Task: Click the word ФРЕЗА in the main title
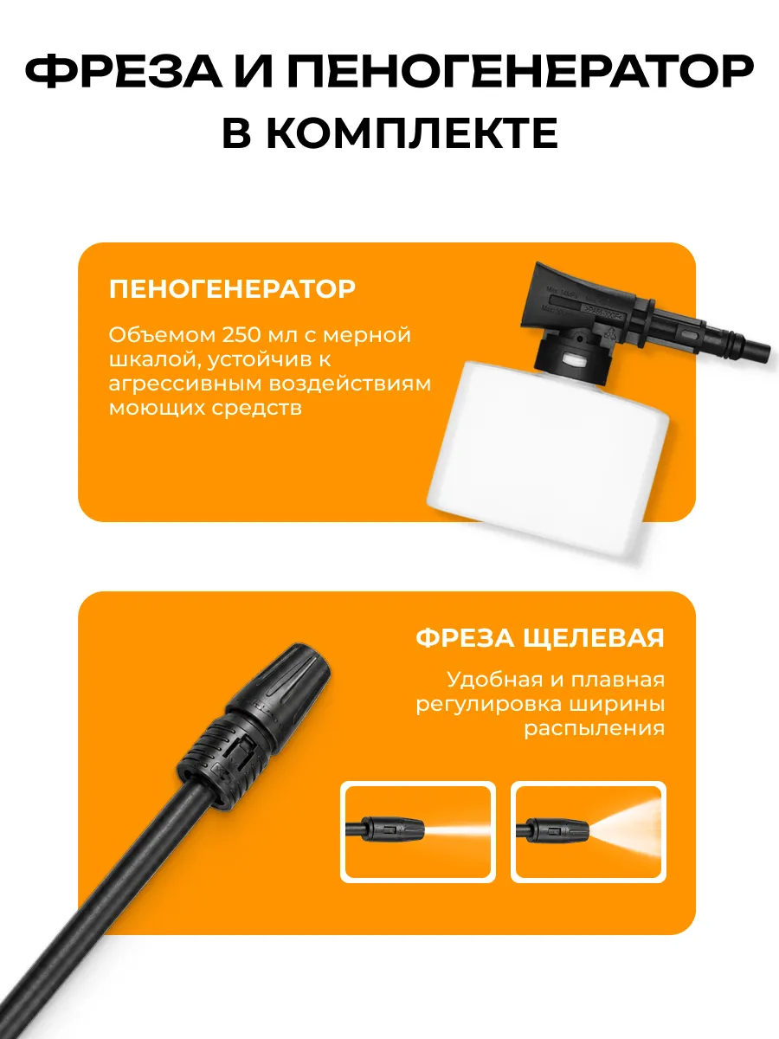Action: tap(124, 71)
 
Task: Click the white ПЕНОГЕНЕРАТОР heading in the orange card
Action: tap(232, 288)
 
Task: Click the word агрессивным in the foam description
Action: tap(185, 384)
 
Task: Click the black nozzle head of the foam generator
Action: tap(582, 298)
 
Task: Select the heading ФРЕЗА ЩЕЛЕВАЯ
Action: tap(539, 637)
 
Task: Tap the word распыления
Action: tap(594, 729)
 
